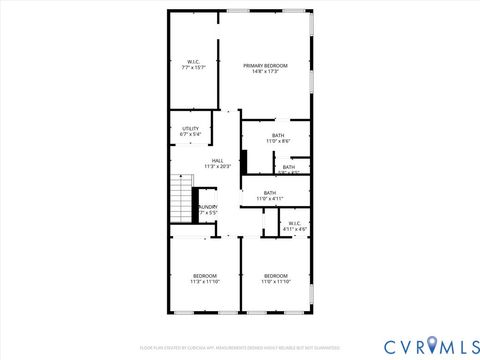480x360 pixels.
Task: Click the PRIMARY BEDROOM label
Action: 265,65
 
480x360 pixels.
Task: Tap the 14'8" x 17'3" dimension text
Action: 265,72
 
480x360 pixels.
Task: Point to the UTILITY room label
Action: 190,128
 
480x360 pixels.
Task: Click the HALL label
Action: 217,160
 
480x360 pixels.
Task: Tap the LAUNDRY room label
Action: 208,207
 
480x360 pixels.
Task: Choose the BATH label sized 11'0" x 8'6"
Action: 278,135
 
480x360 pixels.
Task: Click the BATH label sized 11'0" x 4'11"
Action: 270,193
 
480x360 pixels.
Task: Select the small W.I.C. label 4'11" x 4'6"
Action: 295,223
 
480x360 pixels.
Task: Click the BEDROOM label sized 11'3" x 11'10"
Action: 204,275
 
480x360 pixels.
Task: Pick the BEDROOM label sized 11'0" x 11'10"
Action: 275,275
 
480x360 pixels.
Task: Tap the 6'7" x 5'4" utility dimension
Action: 190,134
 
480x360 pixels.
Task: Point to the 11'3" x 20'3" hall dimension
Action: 217,166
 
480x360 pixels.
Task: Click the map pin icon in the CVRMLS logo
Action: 432,345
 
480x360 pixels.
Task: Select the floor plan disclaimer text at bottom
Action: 240,347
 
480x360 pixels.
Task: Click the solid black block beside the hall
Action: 243,161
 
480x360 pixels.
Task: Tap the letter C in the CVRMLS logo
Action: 391,345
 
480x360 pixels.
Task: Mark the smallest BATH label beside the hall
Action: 288,167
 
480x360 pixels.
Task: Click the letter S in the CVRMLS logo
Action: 470,345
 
